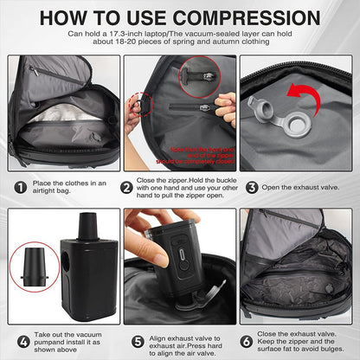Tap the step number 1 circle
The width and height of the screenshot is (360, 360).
tap(19, 186)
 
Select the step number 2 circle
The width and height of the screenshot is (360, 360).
tap(127, 186)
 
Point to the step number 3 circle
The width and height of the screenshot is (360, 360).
tap(252, 186)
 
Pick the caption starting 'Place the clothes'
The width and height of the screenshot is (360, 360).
tap(69, 186)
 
